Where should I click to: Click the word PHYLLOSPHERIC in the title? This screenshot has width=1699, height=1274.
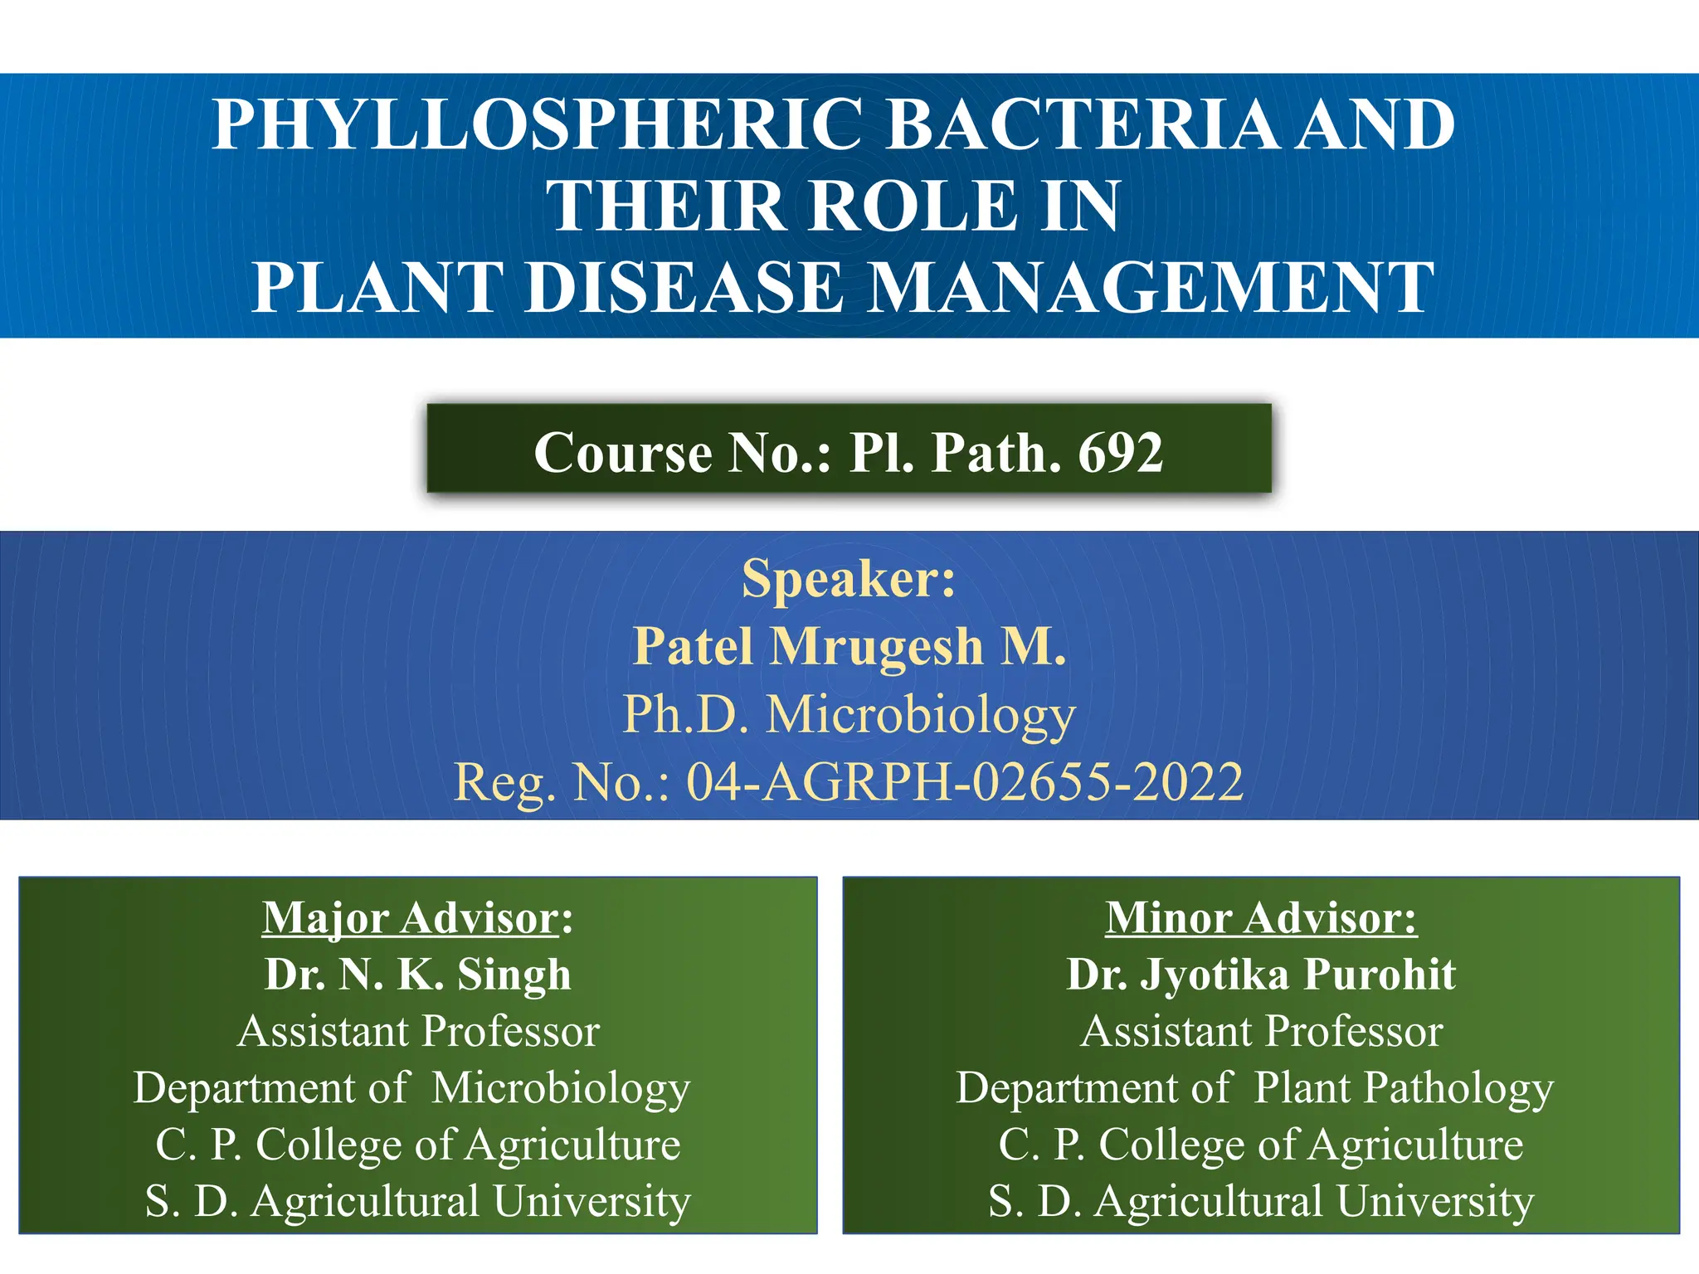[536, 124]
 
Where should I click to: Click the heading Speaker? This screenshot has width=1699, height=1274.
[849, 578]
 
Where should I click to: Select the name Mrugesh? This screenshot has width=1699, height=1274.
[878, 646]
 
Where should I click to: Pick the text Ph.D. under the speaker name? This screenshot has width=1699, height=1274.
[687, 714]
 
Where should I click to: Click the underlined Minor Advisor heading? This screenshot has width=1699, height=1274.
[1261, 918]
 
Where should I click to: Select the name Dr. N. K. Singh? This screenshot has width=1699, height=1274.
[418, 975]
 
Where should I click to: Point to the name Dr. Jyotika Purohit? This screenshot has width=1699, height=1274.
[1261, 975]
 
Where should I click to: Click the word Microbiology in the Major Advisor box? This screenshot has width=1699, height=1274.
[561, 1088]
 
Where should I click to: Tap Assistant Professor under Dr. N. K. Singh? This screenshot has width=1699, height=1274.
[418, 1032]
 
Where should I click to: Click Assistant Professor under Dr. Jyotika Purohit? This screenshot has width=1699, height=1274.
[1261, 1032]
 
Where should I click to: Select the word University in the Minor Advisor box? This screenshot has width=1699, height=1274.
[1435, 1202]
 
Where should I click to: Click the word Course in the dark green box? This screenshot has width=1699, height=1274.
[623, 453]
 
